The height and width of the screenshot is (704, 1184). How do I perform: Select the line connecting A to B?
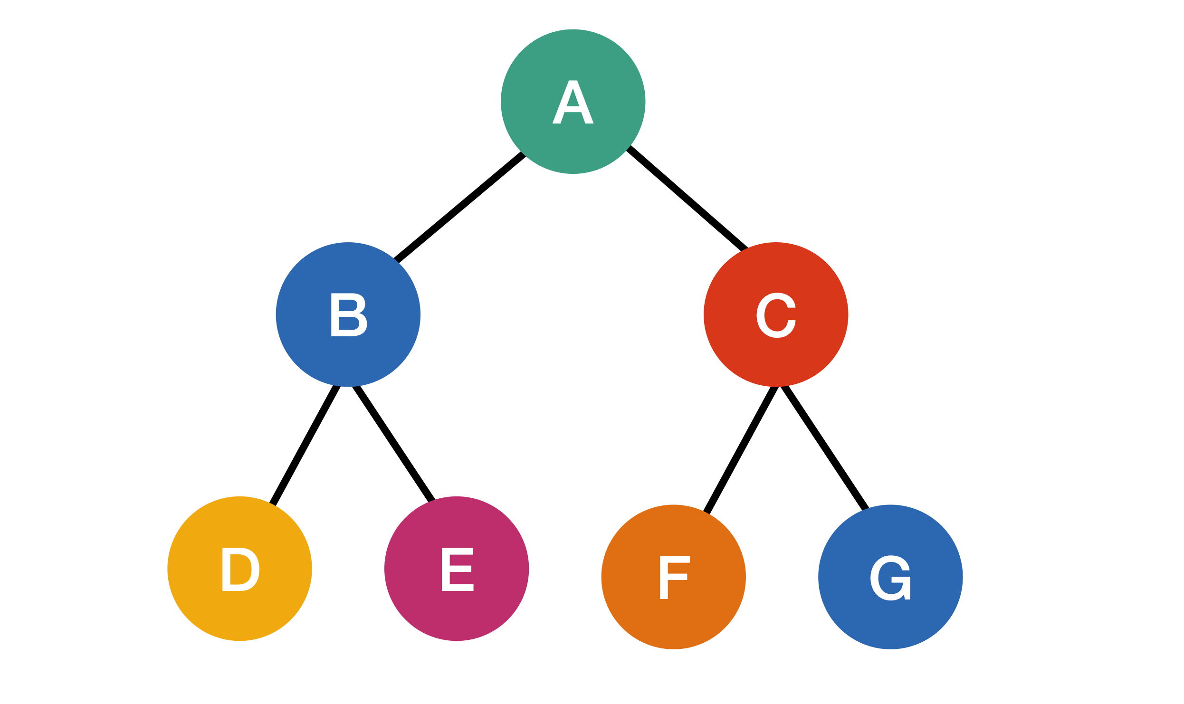tap(460, 208)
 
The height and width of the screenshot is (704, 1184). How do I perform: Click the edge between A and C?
tap(687, 199)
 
